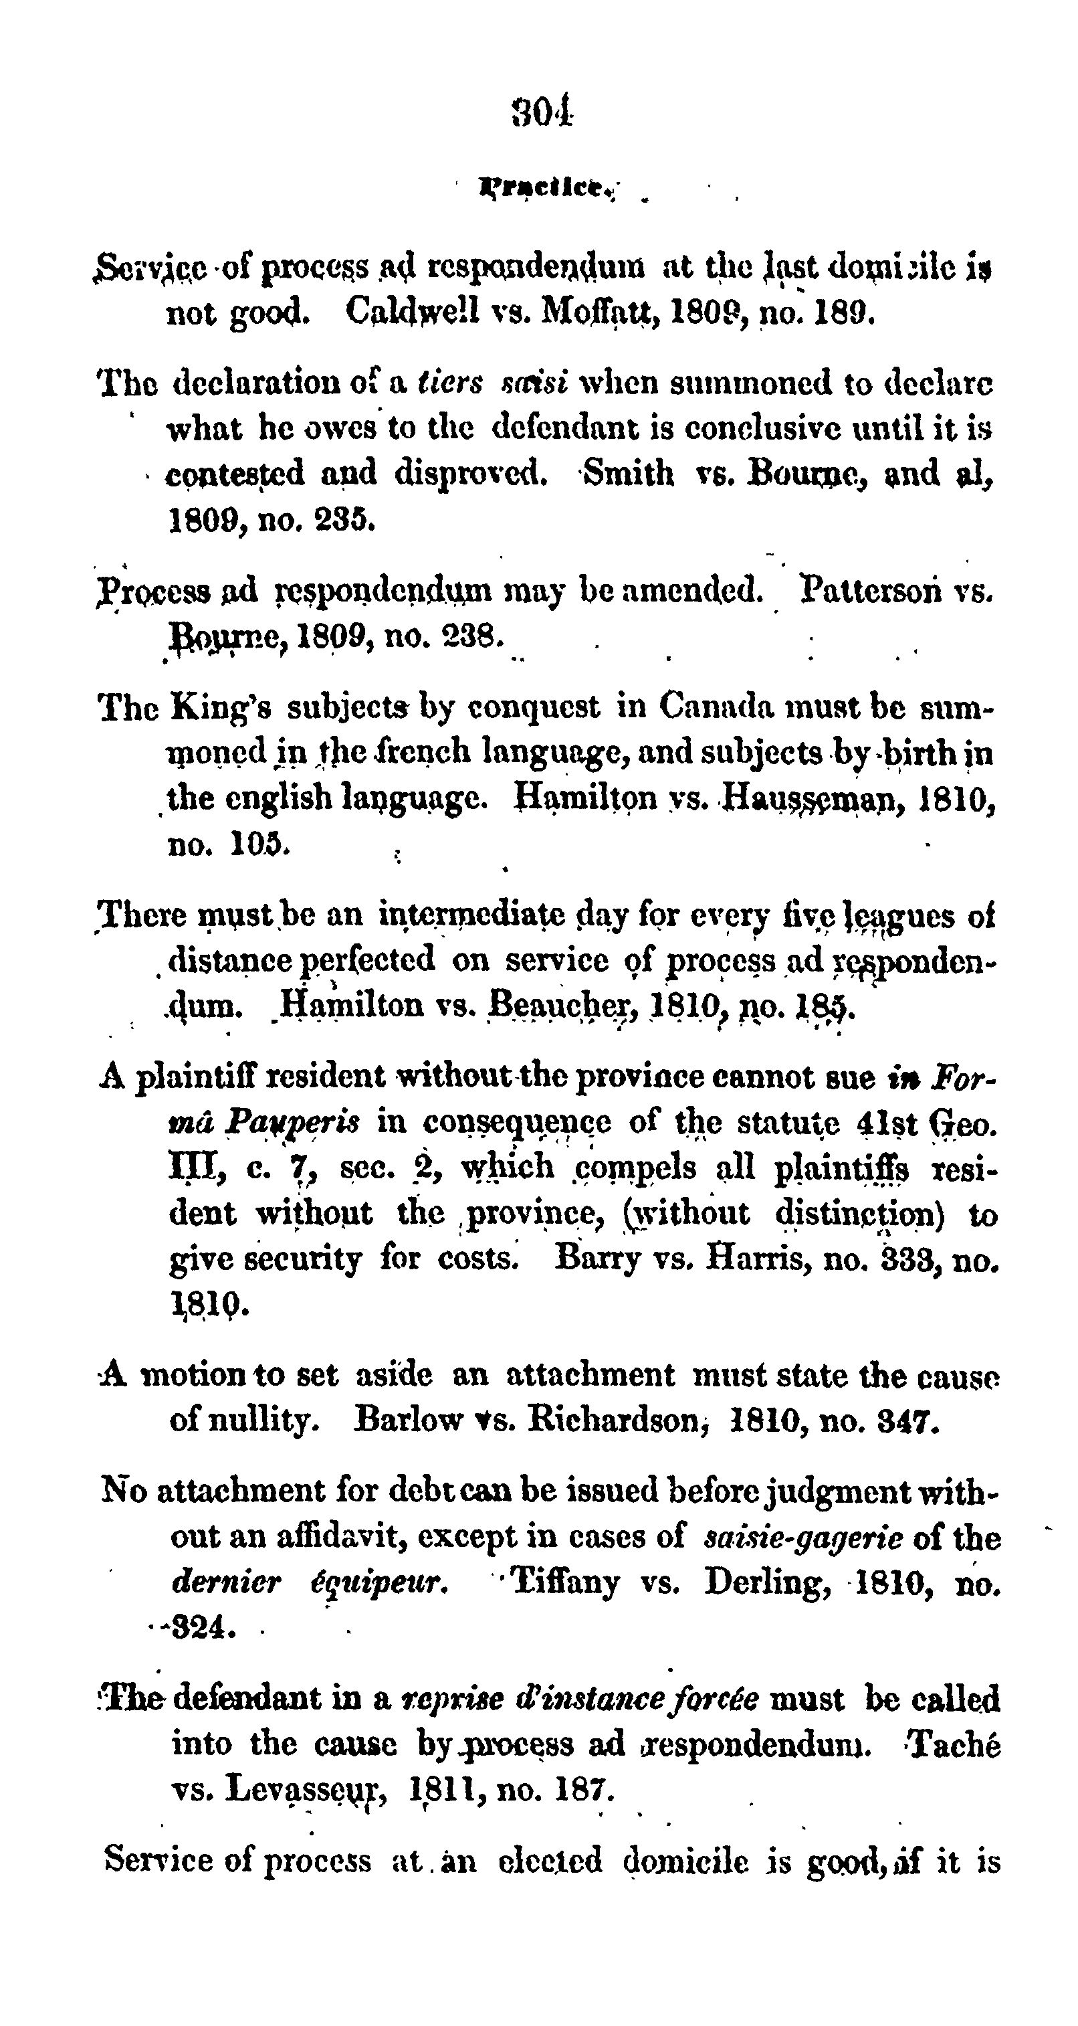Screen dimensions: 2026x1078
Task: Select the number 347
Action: click(x=909, y=1420)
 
